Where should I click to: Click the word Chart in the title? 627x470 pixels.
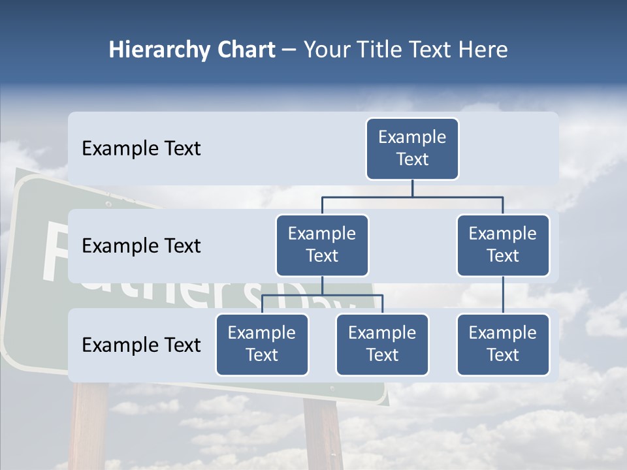tap(244, 50)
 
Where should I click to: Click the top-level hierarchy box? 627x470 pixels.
tap(412, 148)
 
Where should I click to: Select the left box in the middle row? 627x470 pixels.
tap(322, 245)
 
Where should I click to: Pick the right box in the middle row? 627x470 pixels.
tap(503, 245)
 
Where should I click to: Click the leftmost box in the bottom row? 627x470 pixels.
tap(262, 344)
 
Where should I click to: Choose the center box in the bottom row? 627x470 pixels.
tap(382, 344)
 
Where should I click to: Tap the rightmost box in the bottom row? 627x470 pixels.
tap(503, 344)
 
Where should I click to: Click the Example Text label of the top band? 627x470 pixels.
tap(141, 148)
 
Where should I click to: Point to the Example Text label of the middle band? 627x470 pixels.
tap(141, 245)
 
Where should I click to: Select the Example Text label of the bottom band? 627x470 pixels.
tap(141, 345)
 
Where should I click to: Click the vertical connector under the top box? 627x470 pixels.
tap(412, 188)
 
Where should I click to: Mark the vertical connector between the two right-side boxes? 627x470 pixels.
tap(503, 295)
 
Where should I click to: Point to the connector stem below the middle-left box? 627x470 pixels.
tap(322, 285)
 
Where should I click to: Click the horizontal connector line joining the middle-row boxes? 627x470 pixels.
tap(412, 196)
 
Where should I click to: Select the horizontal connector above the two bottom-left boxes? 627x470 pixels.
tap(322, 295)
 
